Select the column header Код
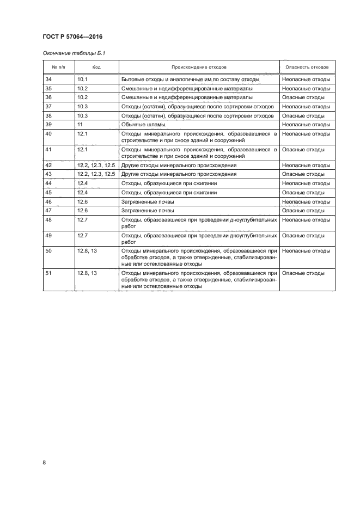tap(96, 67)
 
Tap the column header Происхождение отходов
tap(199, 67)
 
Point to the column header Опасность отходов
tap(307, 67)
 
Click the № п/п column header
tap(59, 67)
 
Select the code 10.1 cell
tap(83, 79)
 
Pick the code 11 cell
tap(80, 125)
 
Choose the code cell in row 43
tap(96, 174)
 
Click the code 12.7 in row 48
tap(83, 219)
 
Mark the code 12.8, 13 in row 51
tap(87, 273)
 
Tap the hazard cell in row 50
tap(306, 250)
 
